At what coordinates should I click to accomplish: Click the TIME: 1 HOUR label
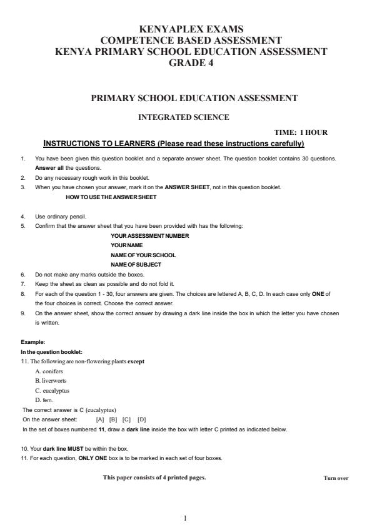[x=301, y=132]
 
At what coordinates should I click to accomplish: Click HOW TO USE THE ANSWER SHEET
[x=111, y=197]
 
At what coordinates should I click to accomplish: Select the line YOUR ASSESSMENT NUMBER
[x=149, y=235]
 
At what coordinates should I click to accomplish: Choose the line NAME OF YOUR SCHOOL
[x=143, y=255]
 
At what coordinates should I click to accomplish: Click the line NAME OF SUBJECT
[x=136, y=265]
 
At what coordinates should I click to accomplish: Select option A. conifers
[x=49, y=371]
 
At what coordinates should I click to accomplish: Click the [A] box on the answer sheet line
[x=100, y=420]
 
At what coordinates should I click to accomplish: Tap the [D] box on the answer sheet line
[x=142, y=420]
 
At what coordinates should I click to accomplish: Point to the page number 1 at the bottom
[x=186, y=517]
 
